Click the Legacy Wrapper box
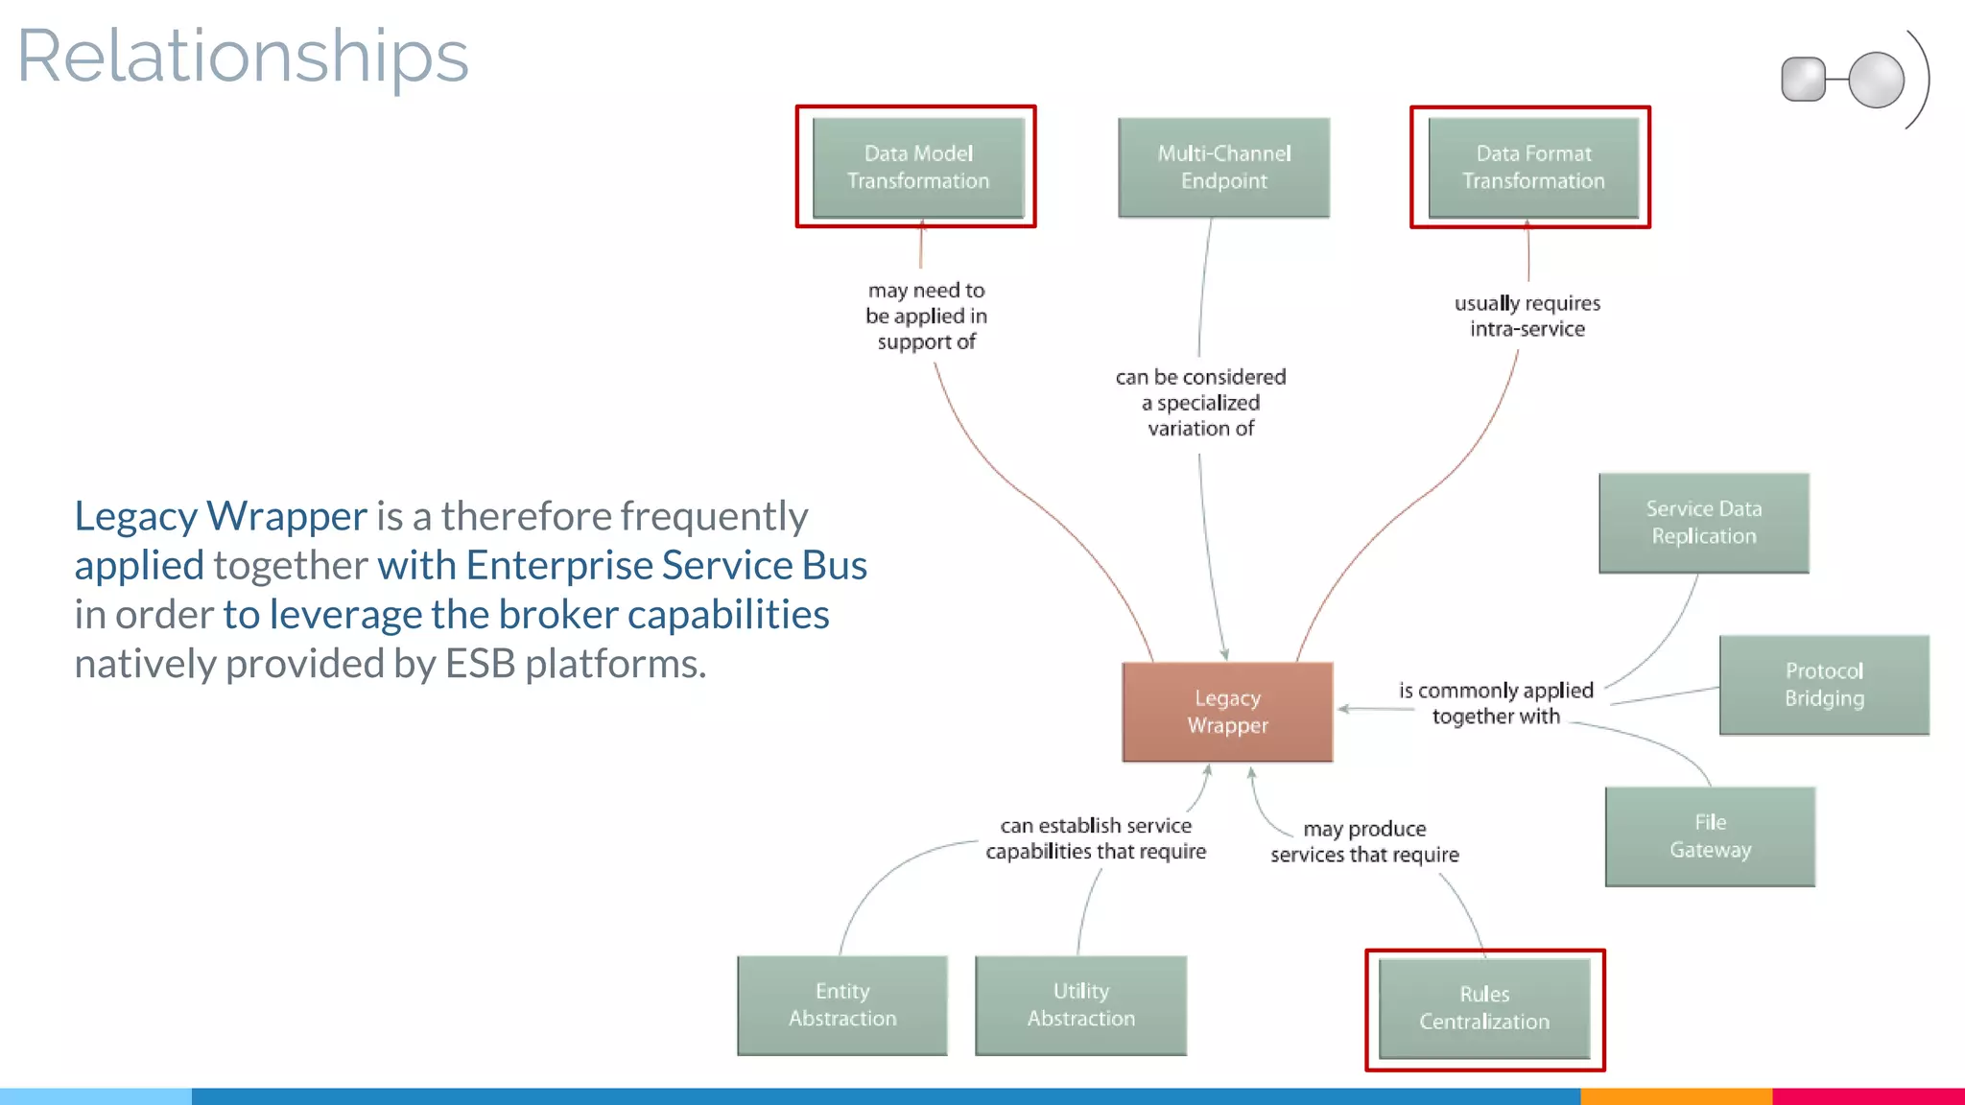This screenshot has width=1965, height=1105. pyautogui.click(x=1227, y=712)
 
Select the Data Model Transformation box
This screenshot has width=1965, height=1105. pyautogui.click(x=918, y=167)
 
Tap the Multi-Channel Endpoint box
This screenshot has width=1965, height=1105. pyautogui.click(x=1223, y=167)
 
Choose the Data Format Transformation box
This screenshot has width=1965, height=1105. pyautogui.click(x=1532, y=167)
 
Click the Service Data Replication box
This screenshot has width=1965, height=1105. pyautogui.click(x=1703, y=523)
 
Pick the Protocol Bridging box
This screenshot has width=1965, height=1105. pyautogui.click(x=1823, y=685)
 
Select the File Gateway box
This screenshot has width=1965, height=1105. pyautogui.click(x=1710, y=836)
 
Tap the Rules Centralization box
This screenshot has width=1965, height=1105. pyautogui.click(x=1484, y=1008)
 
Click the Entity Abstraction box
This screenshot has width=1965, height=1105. pyautogui.click(x=842, y=1005)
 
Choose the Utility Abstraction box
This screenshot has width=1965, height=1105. pyautogui.click(x=1080, y=1005)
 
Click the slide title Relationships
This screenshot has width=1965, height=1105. pyautogui.click(x=243, y=58)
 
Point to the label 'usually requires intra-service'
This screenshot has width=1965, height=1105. pyautogui.click(x=1527, y=316)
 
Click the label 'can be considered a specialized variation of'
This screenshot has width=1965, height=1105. pyautogui.click(x=1200, y=403)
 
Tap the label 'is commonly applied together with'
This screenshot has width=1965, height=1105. pyautogui.click(x=1496, y=703)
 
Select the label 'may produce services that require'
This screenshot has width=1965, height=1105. pyautogui.click(x=1364, y=841)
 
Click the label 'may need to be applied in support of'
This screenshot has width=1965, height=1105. pyautogui.click(x=926, y=316)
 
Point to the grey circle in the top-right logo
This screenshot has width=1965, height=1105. pyautogui.click(x=1876, y=81)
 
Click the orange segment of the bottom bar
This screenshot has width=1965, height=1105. pyautogui.click(x=1675, y=1095)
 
